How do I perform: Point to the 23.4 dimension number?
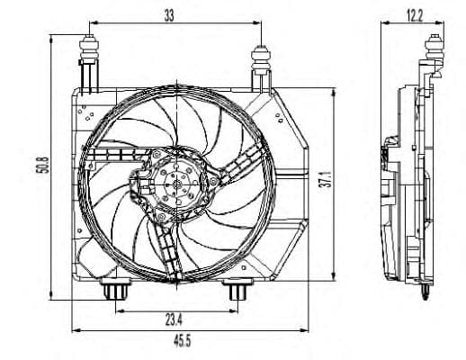point(175,319)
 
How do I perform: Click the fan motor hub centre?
point(175,187)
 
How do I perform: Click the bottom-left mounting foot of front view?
point(116,292)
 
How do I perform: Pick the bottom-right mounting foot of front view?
point(235,292)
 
